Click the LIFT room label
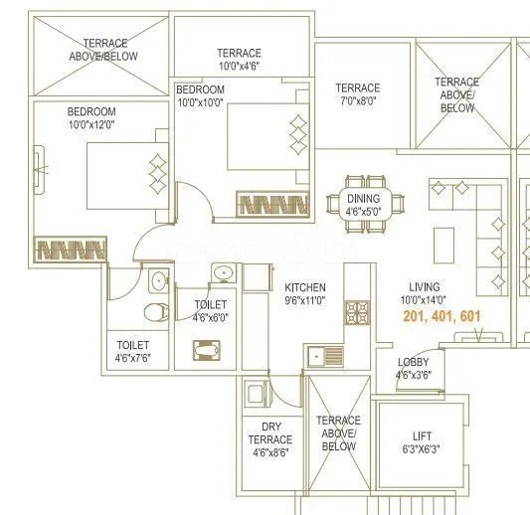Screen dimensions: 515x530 pyautogui.click(x=423, y=436)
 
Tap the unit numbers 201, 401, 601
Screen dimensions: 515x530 pyautogui.click(x=442, y=316)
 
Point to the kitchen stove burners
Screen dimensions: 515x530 pyautogui.click(x=357, y=312)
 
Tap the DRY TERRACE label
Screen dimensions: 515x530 pyautogui.click(x=269, y=432)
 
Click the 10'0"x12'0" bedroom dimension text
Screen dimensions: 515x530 pyautogui.click(x=91, y=125)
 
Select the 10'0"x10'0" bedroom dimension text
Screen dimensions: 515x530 pyautogui.click(x=201, y=102)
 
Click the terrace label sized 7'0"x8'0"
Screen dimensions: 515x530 pyautogui.click(x=357, y=100)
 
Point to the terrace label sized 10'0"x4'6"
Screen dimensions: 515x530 pyautogui.click(x=239, y=67)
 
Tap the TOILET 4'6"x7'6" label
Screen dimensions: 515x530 pyautogui.click(x=131, y=351)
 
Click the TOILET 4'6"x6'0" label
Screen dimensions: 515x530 pyautogui.click(x=210, y=311)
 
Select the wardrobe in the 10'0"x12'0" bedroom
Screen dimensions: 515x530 pyautogui.click(x=71, y=248)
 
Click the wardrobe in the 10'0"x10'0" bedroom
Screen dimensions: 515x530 pyautogui.click(x=273, y=204)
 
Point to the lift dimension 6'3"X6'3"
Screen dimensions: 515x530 pyautogui.click(x=423, y=449)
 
